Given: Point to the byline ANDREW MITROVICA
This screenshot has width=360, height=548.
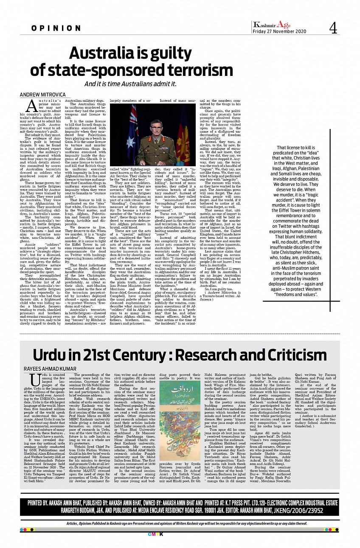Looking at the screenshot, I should (x=43, y=94).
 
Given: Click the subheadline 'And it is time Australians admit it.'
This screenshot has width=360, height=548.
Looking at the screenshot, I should (x=130, y=84).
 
